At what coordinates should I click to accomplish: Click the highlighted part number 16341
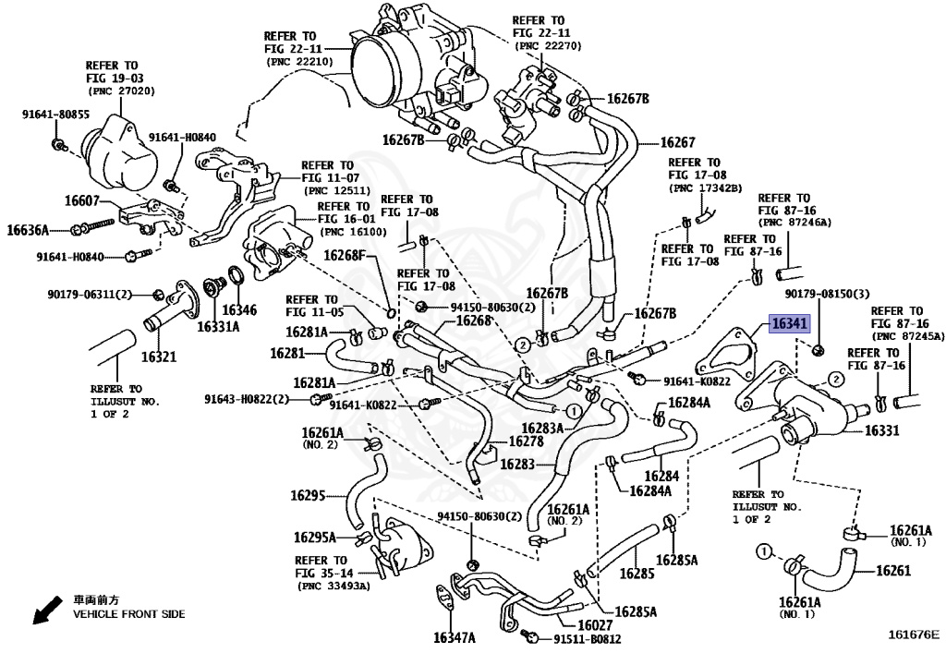click(790, 325)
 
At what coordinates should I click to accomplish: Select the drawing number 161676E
click(914, 635)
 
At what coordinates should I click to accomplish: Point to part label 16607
click(82, 200)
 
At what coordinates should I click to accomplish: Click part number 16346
click(239, 309)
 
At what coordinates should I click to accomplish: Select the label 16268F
click(344, 255)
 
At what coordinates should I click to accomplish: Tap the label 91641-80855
click(55, 115)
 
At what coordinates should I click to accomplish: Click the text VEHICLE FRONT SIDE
click(129, 614)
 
